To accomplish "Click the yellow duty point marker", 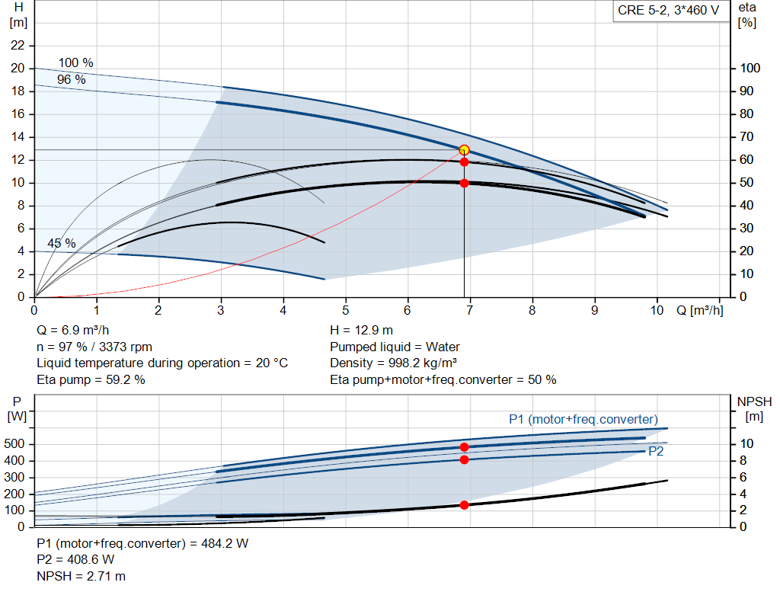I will pyautogui.click(x=464, y=150).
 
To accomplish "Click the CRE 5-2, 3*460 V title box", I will pyautogui.click(x=668, y=12).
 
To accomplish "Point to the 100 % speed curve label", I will pyautogui.click(x=76, y=62).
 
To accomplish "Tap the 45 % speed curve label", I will pyautogui.click(x=62, y=244).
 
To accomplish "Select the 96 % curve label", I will pyautogui.click(x=71, y=79).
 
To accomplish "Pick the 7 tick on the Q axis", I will pyautogui.click(x=470, y=311).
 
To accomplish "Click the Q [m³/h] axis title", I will pyautogui.click(x=698, y=311).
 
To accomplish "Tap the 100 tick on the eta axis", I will pyautogui.click(x=750, y=69).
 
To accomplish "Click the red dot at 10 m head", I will pyautogui.click(x=464, y=183).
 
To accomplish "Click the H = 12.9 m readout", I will pyautogui.click(x=362, y=330).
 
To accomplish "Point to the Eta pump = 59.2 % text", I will pyautogui.click(x=91, y=379).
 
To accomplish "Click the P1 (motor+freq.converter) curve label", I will pyautogui.click(x=583, y=419).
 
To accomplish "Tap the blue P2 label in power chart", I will pyautogui.click(x=655, y=451).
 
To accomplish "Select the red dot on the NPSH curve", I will pyautogui.click(x=464, y=505).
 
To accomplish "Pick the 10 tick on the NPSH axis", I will pyautogui.click(x=746, y=444).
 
